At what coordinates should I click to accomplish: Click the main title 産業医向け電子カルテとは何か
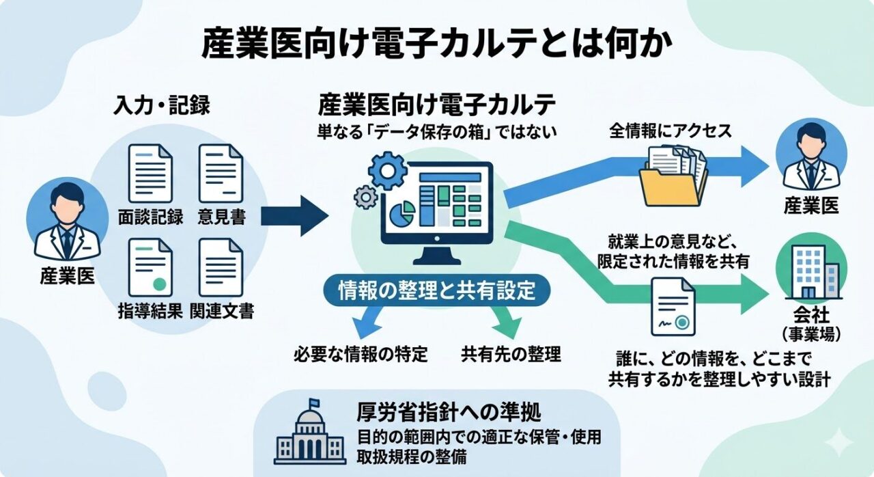point(437,44)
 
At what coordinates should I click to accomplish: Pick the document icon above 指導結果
point(150,267)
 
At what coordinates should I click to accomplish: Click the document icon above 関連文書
point(221,267)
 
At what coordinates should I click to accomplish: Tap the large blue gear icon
point(387,170)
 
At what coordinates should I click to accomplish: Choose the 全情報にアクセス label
point(670,131)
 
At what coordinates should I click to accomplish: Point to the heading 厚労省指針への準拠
point(449,413)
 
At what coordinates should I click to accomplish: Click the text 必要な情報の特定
point(361,354)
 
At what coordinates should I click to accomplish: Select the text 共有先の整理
point(511,354)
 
